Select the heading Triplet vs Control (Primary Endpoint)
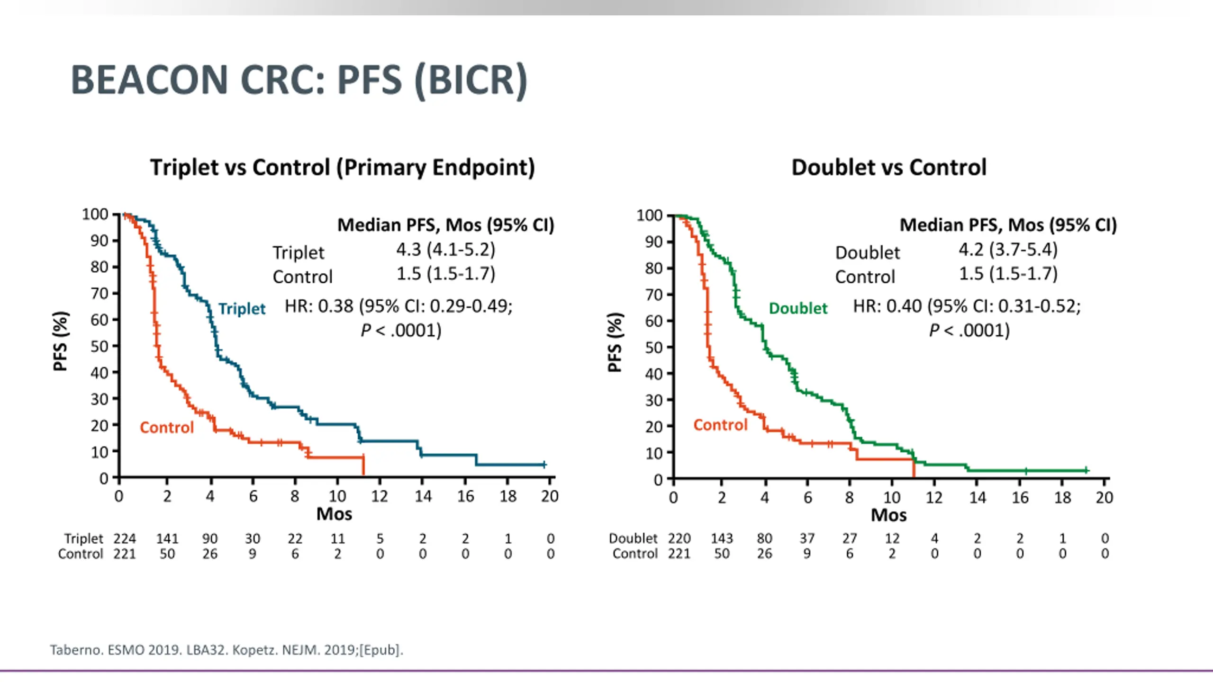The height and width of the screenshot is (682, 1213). [342, 168]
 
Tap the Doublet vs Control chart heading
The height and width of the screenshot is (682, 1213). [889, 168]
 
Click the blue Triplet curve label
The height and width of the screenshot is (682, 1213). [242, 309]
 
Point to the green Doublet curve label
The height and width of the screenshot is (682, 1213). [798, 308]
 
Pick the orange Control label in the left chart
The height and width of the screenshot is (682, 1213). [167, 428]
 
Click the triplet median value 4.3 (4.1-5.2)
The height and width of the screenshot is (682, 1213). [445, 250]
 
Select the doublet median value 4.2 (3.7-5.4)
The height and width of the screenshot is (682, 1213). [1008, 250]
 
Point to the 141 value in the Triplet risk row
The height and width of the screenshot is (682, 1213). [167, 538]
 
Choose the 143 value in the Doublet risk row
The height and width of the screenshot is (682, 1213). [722, 538]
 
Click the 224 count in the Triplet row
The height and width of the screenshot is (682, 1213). [125, 538]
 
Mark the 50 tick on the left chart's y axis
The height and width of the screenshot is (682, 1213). [100, 346]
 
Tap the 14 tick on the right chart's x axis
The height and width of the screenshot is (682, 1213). [977, 498]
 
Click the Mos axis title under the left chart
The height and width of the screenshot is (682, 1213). [334, 514]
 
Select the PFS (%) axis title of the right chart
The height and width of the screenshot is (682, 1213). [614, 342]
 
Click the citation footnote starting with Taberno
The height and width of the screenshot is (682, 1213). [226, 650]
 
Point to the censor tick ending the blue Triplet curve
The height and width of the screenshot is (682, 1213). [544, 465]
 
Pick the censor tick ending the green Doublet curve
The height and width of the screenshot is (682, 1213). [1086, 470]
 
